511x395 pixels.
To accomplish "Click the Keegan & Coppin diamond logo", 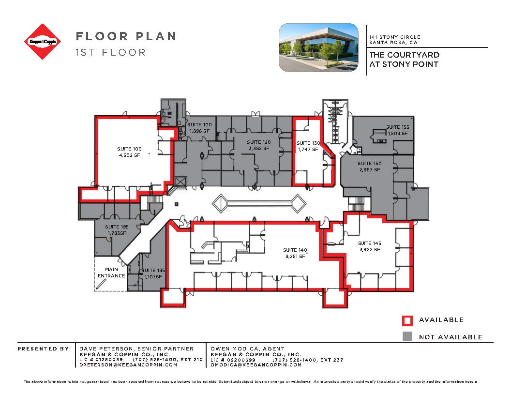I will tap(43, 42).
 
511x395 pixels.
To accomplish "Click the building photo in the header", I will tap(318, 48).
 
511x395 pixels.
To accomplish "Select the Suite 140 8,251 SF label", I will tap(295, 253).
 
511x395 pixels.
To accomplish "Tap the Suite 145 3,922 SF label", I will tap(369, 246).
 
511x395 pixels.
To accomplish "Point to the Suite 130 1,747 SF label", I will tap(308, 146).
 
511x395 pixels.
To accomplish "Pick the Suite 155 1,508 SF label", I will tap(397, 130).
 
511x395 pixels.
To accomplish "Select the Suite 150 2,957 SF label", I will tap(369, 167).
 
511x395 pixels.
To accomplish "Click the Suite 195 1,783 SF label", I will tap(117, 230).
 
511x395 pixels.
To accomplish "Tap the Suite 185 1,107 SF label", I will tap(152, 274).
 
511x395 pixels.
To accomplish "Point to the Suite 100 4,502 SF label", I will tap(129, 152).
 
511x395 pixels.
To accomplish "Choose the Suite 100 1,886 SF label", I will tap(199, 128).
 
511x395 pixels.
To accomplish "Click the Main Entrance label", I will tap(111, 273).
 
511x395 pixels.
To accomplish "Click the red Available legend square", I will tap(407, 320).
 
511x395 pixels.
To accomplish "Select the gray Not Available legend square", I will tap(407, 336).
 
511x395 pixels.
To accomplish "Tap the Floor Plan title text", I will tap(125, 36).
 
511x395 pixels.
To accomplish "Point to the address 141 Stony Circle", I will tap(394, 37).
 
